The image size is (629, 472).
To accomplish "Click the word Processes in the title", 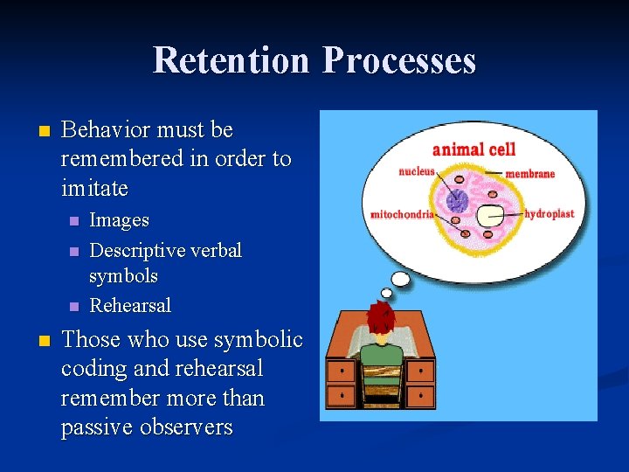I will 399,60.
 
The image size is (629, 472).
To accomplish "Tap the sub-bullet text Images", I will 119,220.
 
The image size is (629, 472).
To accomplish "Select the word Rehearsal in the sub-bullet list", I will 130,305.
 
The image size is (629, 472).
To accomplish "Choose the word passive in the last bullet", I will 97,427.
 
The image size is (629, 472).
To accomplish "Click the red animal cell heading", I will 473,149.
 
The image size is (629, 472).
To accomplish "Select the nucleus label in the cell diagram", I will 416,171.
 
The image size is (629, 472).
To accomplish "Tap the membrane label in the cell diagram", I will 529,173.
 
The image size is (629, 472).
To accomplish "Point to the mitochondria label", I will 402,214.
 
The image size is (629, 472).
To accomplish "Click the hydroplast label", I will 551,213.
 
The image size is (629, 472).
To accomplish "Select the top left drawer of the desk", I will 341,371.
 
